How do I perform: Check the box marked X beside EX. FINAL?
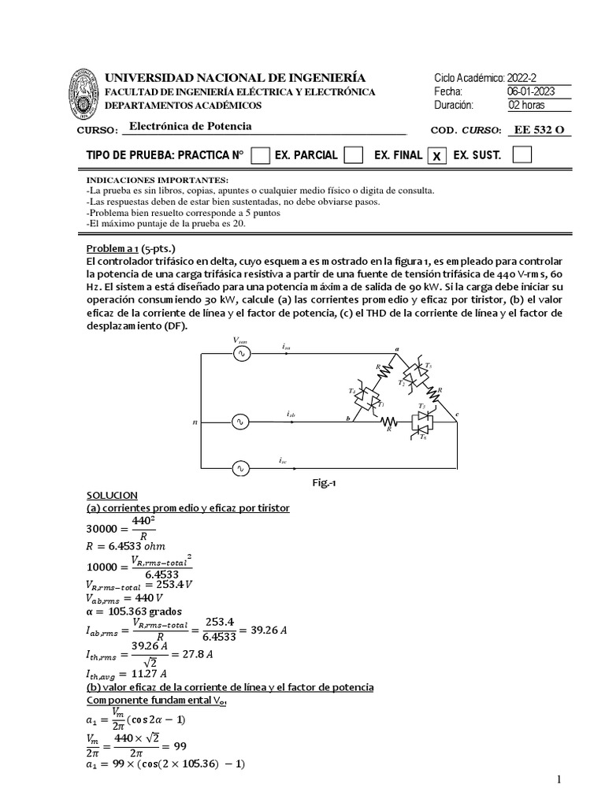[434, 156]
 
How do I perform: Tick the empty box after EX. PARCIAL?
[354, 155]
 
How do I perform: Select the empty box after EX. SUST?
[521, 155]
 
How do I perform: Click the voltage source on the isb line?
[239, 422]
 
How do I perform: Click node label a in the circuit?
[396, 348]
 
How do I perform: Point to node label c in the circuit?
[458, 414]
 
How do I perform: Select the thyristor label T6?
[422, 436]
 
